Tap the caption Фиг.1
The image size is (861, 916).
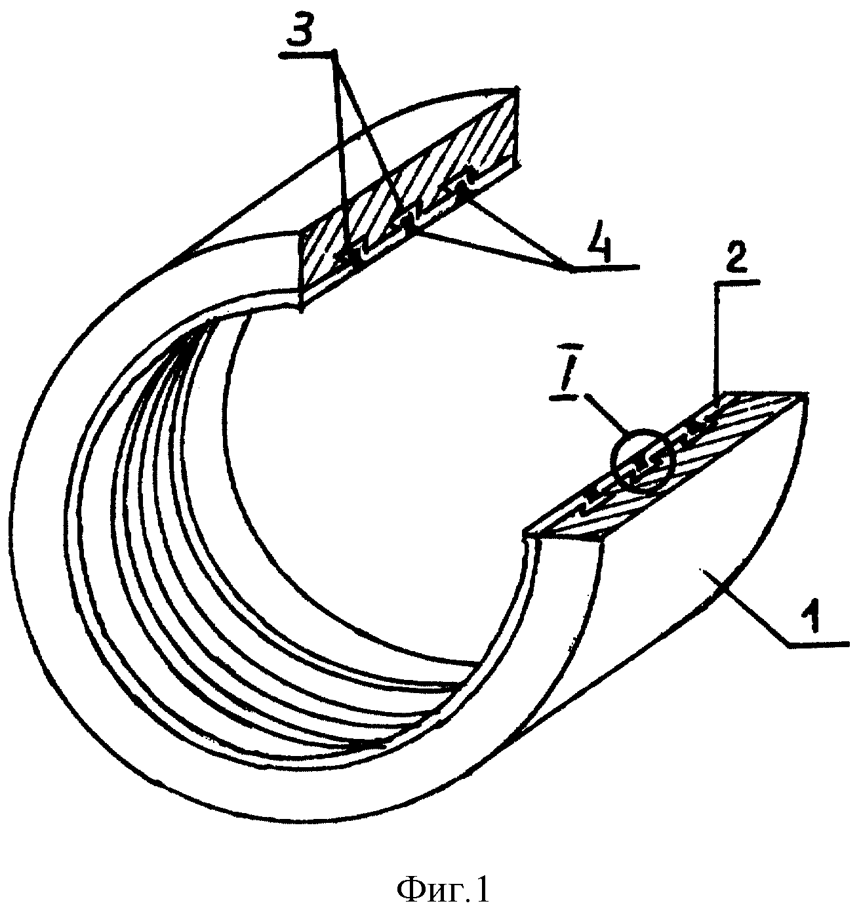tap(443, 890)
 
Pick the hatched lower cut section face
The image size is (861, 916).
tap(664, 466)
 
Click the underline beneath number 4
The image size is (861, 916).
tap(605, 267)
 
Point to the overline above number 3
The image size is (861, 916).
tap(306, 54)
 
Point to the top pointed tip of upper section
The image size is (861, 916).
tap(517, 88)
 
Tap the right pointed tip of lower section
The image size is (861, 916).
tap(806, 393)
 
